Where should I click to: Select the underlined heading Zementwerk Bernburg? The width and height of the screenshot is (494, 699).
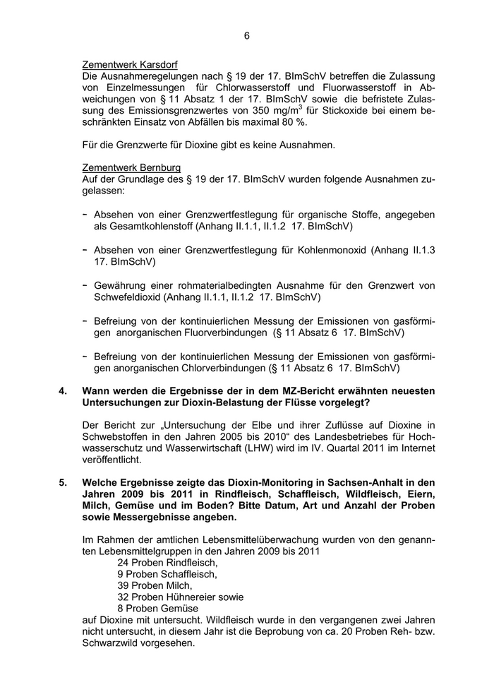pos(131,167)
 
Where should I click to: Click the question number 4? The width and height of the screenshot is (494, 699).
pos(63,390)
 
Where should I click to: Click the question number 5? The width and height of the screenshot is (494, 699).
pos(63,483)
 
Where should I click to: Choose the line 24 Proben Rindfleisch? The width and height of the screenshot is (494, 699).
pos(167,563)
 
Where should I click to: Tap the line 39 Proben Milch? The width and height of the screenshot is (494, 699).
pos(155,585)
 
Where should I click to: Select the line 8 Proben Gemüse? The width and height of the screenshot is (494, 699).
pos(158,608)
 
